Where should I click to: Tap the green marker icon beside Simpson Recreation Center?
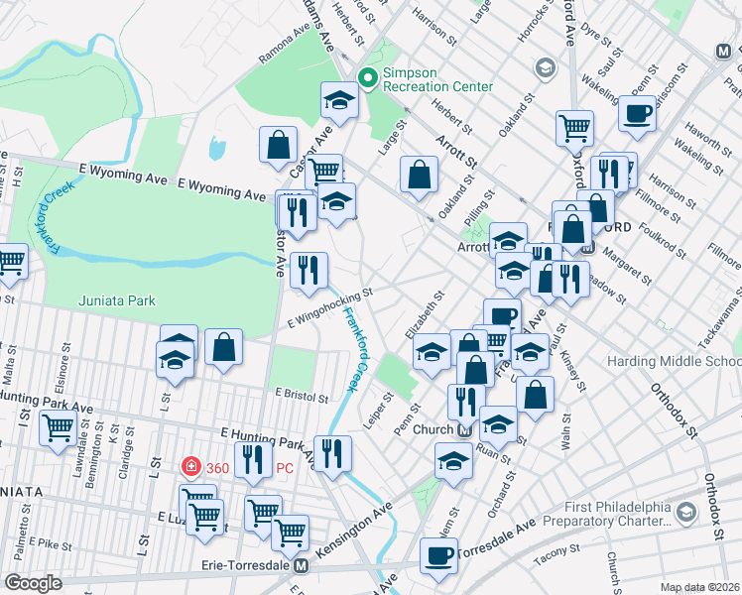point(367,75)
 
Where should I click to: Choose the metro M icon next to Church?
point(463,430)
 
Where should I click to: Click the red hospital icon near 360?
point(189,466)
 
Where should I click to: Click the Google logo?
point(33,583)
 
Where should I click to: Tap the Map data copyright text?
point(700,586)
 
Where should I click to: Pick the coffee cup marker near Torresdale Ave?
point(437,555)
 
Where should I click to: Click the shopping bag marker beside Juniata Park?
point(223,347)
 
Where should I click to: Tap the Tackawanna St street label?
point(720,316)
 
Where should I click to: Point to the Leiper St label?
point(377,409)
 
